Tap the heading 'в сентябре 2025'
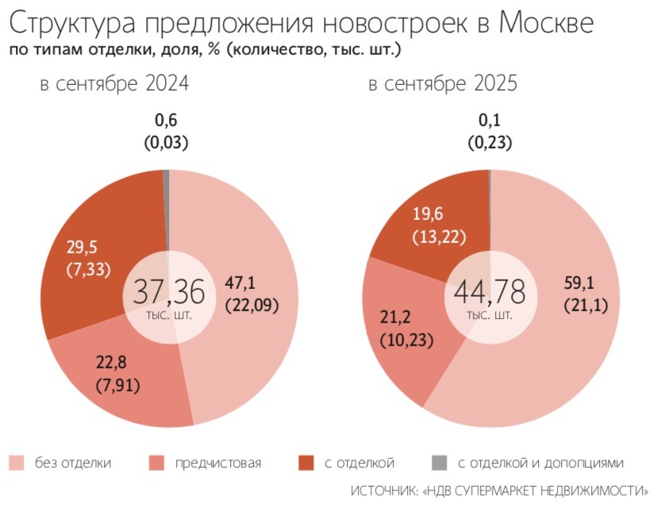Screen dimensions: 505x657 [443, 84]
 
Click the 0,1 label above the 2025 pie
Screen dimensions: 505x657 [490, 121]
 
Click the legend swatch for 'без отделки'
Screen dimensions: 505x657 [17, 463]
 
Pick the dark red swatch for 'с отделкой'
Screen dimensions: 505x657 [305, 463]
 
